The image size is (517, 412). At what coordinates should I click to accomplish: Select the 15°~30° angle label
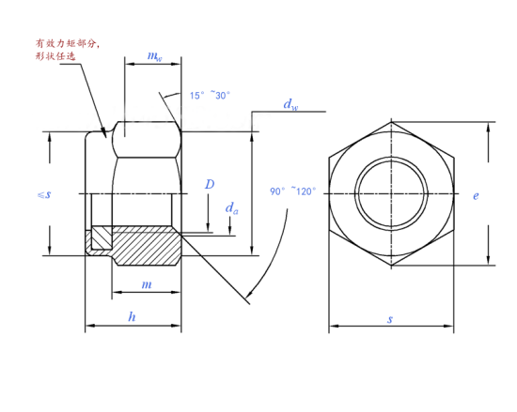211,95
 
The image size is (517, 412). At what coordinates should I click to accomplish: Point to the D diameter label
210,185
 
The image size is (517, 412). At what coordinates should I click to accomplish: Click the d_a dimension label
231,207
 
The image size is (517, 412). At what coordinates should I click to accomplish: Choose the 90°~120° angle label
294,191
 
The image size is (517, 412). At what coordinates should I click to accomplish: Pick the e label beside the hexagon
477,195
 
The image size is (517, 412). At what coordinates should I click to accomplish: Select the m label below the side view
146,284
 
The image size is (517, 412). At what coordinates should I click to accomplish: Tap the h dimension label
132,317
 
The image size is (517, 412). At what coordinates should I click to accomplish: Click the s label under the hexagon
390,320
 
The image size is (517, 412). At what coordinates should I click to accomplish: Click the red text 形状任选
55,57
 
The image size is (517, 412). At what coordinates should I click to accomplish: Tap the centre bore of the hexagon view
390,194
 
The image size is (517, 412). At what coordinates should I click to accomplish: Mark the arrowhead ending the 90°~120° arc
246,298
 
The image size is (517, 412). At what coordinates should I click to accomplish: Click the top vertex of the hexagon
390,122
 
